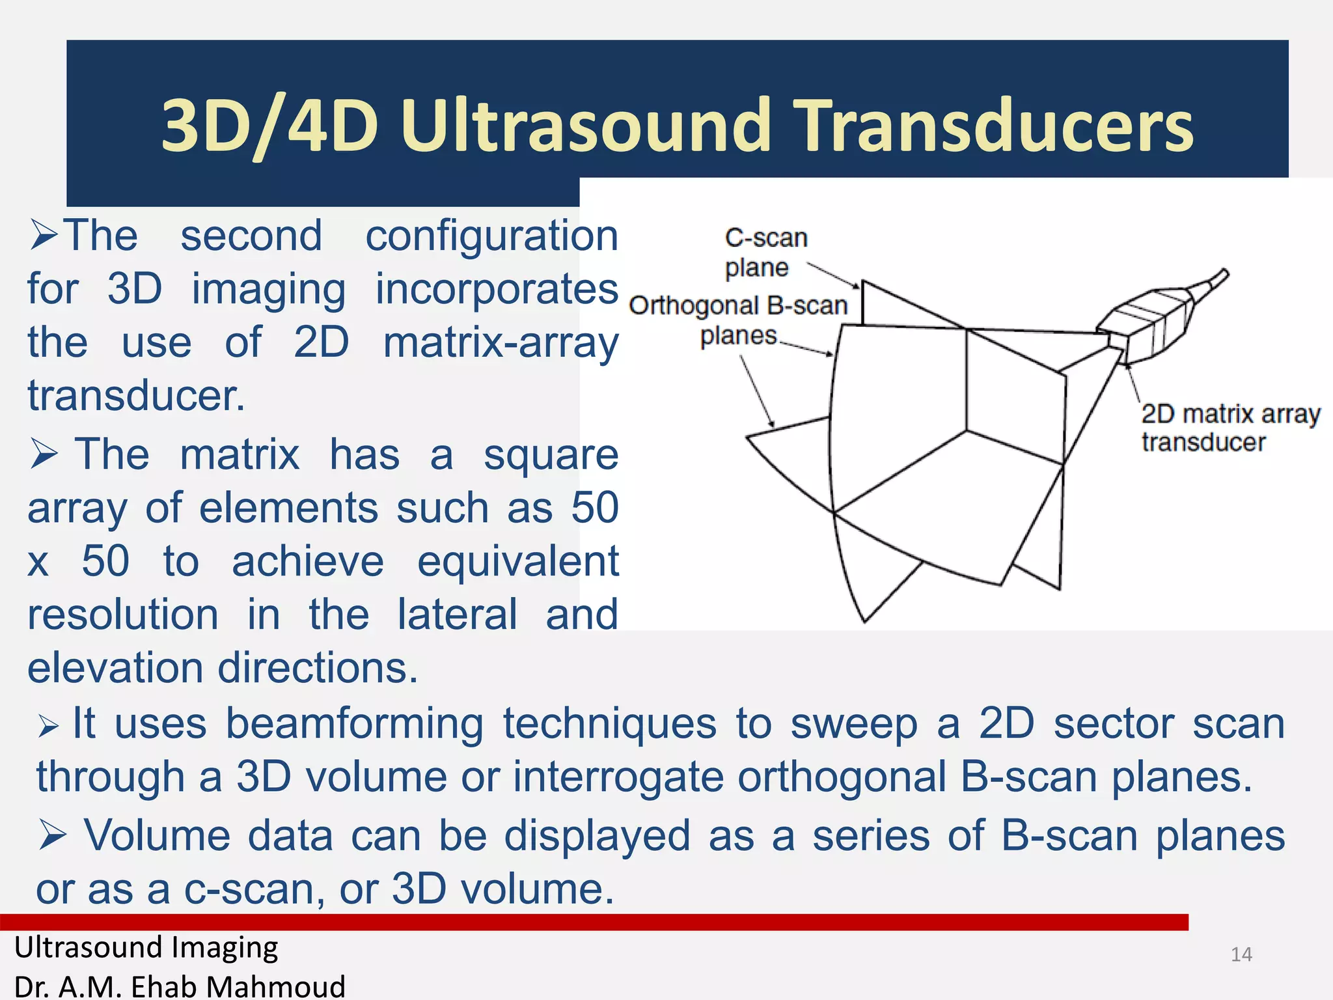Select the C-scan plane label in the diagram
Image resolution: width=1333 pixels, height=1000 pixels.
tap(765, 253)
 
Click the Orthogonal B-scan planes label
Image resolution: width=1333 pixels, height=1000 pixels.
tap(739, 320)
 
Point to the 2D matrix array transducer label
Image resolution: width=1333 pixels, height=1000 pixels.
tap(1230, 427)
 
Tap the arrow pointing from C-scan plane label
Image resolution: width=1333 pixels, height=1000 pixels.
tap(834, 276)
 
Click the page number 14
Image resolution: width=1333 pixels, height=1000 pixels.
tap(1241, 954)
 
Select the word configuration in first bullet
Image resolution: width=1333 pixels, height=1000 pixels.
tap(491, 235)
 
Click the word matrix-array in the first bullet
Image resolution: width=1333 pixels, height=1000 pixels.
tap(500, 342)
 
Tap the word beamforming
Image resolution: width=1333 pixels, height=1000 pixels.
tap(354, 723)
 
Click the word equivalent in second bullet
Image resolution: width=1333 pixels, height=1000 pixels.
tap(517, 561)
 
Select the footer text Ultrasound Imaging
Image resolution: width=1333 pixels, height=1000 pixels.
tap(146, 947)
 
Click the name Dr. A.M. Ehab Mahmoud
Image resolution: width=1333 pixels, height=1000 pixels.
tap(180, 986)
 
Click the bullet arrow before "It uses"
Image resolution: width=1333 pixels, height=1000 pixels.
tap(49, 725)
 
